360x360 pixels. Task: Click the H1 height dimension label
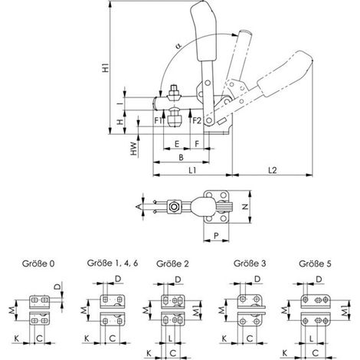click(x=106, y=67)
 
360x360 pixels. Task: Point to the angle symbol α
click(x=178, y=46)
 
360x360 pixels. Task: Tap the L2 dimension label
click(x=273, y=170)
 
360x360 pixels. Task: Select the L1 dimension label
click(x=192, y=170)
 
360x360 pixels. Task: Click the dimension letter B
click(x=181, y=157)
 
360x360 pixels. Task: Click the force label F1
click(x=158, y=120)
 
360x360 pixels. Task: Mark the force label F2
click(x=197, y=120)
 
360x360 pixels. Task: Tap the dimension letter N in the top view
click(x=245, y=207)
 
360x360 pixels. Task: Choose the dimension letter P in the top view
click(x=216, y=235)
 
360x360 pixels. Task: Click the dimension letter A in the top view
click(x=139, y=207)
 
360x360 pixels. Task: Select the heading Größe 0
click(x=38, y=263)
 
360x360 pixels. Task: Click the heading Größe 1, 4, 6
click(x=113, y=263)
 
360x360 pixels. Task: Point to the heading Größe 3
click(x=250, y=263)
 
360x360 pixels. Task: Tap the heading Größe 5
click(x=315, y=263)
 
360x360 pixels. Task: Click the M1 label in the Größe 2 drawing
click(x=196, y=310)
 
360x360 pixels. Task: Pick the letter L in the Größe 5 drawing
click(x=312, y=339)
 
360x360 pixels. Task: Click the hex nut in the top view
click(x=174, y=206)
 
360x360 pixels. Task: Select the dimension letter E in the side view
click(x=177, y=144)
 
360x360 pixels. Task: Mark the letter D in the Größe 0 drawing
click(x=58, y=286)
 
